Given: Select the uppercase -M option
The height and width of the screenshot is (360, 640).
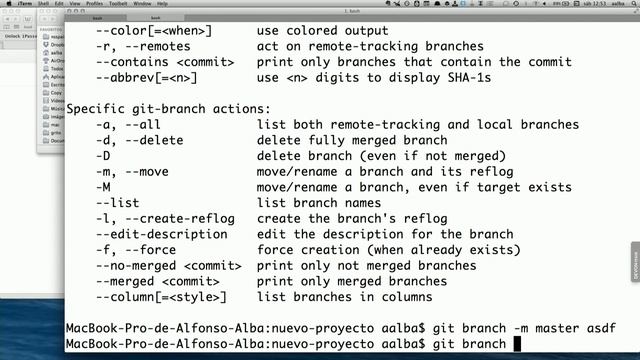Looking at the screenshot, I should point(102,187).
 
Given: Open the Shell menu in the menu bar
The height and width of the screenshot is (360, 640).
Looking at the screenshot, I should point(43,4).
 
